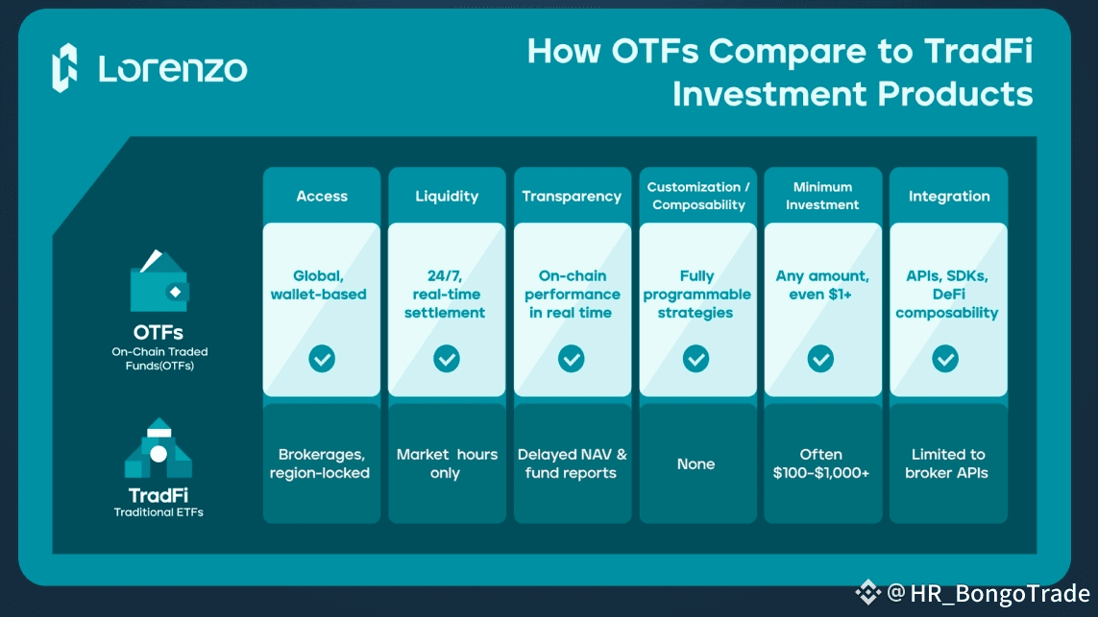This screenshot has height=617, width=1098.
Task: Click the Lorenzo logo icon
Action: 64,67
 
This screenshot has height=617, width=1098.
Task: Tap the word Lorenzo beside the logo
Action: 173,69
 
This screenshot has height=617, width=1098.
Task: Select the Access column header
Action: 322,196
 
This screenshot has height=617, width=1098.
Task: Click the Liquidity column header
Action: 447,196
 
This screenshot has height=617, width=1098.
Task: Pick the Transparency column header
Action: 572,196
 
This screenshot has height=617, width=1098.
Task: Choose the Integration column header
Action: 949,196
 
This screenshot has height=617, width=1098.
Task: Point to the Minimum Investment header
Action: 821,196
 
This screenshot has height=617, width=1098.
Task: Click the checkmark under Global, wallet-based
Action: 322,359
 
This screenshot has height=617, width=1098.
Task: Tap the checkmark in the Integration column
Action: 946,359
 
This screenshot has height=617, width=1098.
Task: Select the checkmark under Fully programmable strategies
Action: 696,359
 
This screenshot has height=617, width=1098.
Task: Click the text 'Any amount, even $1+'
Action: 822,285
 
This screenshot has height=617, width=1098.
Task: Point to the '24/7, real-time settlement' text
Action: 446,294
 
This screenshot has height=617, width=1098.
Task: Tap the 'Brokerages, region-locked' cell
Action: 322,463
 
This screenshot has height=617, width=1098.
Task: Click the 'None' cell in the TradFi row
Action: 696,464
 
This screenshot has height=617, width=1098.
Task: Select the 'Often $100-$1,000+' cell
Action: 821,463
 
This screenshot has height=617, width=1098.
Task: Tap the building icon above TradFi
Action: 159,448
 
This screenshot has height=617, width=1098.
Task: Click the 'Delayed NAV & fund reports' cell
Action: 572,463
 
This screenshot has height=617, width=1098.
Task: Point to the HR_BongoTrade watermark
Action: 975,593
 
